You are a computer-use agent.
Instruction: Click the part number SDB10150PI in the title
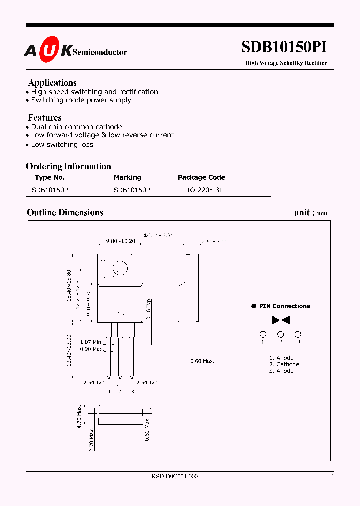click(x=284, y=47)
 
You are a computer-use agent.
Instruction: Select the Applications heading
click(x=52, y=83)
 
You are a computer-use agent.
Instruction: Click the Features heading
click(x=45, y=118)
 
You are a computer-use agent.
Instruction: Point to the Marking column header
click(x=127, y=177)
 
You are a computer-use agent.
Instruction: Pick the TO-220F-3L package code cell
click(x=201, y=190)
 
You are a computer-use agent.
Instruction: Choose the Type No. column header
click(x=50, y=177)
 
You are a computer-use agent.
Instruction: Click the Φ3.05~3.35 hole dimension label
click(x=158, y=235)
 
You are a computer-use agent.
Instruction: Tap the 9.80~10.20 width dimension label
click(x=120, y=241)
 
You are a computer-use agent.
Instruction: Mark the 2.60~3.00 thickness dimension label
click(x=214, y=242)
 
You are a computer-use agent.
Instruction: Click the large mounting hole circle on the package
click(x=120, y=268)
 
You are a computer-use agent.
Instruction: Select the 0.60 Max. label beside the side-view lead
click(x=202, y=361)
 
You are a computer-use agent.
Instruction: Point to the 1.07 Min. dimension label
click(x=92, y=342)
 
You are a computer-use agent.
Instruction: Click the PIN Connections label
click(x=284, y=306)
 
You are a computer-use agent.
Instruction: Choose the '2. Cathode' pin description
click(x=284, y=364)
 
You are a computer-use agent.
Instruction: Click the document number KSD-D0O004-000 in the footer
click(x=175, y=477)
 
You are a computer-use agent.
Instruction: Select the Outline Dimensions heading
click(x=65, y=213)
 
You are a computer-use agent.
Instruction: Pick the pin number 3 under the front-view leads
click(x=132, y=391)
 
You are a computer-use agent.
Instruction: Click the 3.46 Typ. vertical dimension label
click(x=149, y=310)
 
